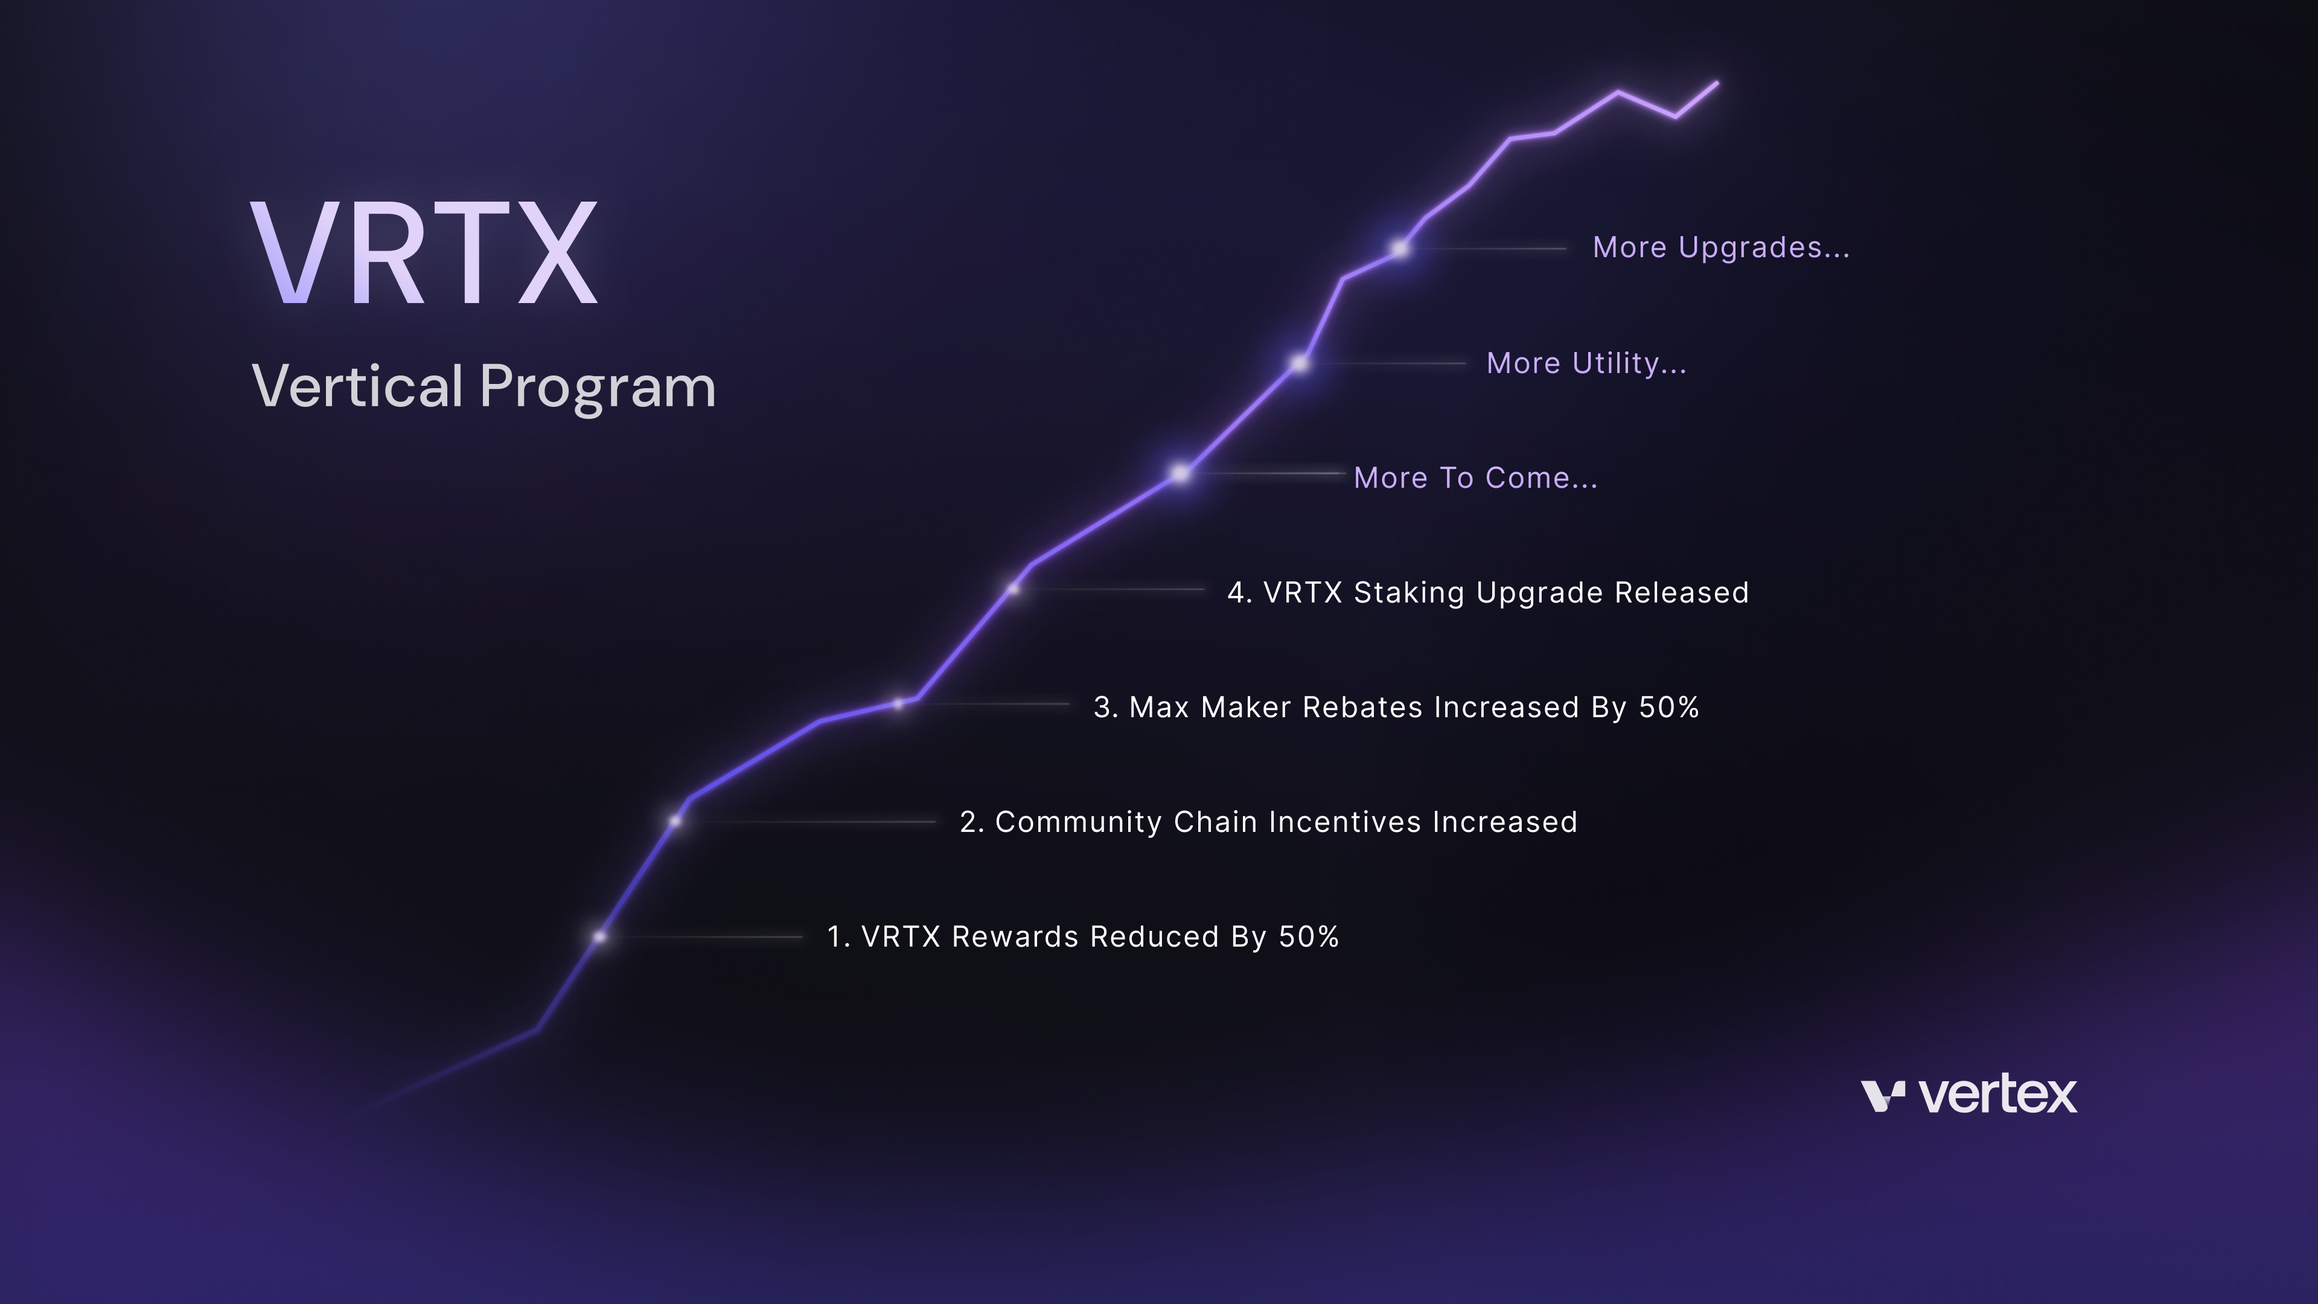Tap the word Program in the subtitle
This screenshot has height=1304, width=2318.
click(x=598, y=388)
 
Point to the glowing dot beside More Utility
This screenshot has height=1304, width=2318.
click(x=1300, y=363)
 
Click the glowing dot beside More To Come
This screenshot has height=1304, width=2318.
click(x=1180, y=473)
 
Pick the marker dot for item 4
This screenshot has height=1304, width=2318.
click(x=1014, y=589)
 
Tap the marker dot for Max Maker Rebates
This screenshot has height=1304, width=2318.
click(x=898, y=704)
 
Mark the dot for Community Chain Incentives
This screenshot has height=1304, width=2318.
click(x=675, y=821)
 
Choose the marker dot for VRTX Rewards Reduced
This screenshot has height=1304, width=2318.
click(x=599, y=937)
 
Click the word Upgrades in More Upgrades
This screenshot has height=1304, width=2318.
click(x=1764, y=248)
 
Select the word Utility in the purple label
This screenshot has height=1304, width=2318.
click(x=1629, y=363)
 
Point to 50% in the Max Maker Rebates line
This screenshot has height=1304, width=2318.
click(x=1668, y=708)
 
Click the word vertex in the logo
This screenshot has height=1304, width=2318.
click(x=1997, y=1095)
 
